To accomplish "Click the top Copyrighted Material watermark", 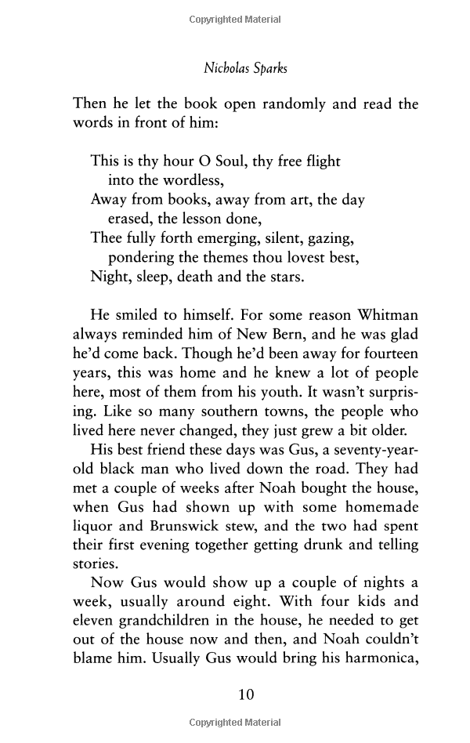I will [235, 20].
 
